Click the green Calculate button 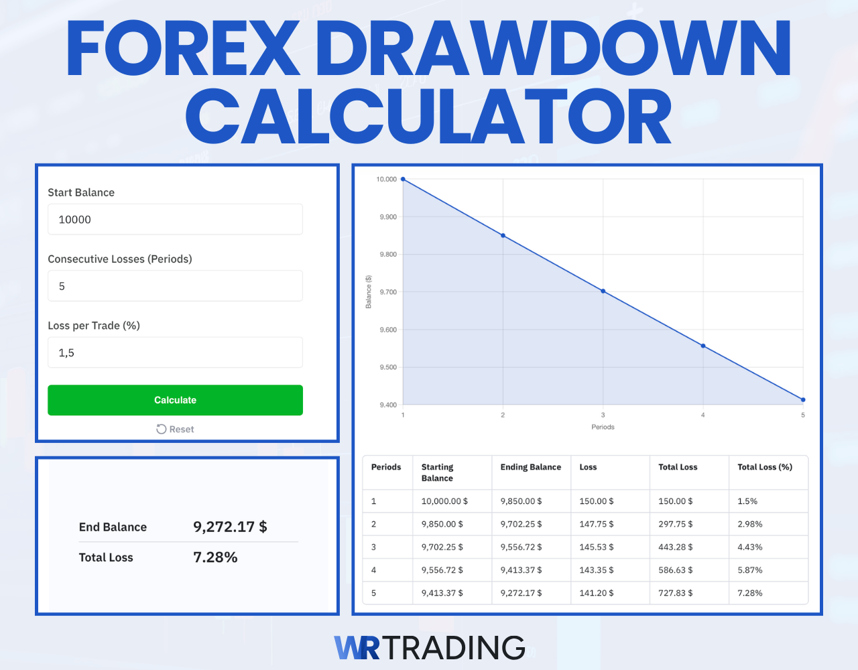pos(175,400)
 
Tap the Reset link pos(175,429)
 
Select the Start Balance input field pos(175,219)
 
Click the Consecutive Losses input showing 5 pos(175,286)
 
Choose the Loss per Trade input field pos(175,352)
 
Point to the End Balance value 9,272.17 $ pos(230,527)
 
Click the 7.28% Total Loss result pos(215,557)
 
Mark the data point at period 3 pos(603,291)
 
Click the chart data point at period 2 pos(503,236)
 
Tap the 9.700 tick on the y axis pos(388,292)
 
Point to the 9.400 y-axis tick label pos(388,405)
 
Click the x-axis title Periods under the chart pos(603,427)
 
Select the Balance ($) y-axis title pos(368,292)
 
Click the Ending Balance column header pos(530,467)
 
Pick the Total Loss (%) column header pos(764,467)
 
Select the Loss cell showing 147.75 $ pos(596,524)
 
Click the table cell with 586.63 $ pos(675,570)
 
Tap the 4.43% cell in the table pos(749,547)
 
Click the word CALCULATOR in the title pos(429,118)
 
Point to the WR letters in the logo pos(357,648)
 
